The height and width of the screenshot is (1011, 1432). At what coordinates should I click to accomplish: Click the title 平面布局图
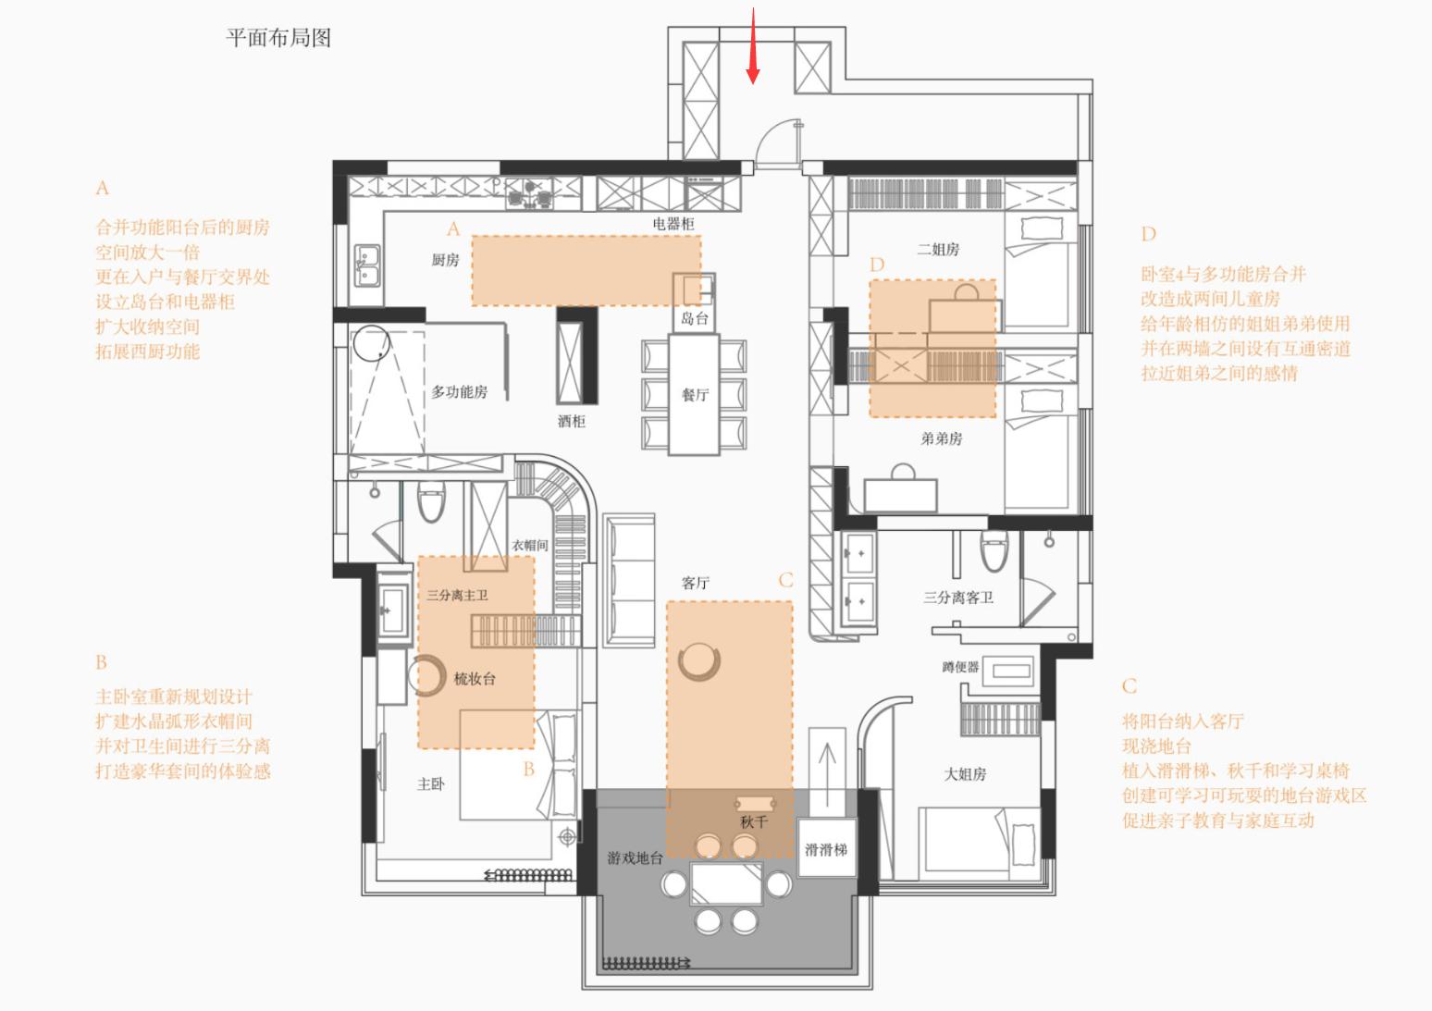point(278,38)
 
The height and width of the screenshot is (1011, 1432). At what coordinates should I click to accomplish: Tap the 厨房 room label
point(445,260)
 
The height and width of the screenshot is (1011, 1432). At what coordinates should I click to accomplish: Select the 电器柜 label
point(673,224)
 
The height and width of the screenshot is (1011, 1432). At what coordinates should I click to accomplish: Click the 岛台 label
point(694,319)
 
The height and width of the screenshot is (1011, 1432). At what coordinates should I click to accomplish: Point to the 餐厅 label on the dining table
point(695,395)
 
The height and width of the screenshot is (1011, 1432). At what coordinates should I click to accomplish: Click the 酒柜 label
point(571,422)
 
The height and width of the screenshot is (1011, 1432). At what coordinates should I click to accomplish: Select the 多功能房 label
point(459,392)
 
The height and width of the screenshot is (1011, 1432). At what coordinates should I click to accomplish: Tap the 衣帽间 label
point(530,546)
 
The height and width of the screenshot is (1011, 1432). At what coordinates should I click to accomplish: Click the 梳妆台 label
point(475,679)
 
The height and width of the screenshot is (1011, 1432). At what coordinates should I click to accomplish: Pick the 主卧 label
point(430,784)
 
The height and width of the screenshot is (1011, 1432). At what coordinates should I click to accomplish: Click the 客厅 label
point(695,583)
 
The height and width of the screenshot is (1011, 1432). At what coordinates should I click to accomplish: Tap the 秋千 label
point(754,822)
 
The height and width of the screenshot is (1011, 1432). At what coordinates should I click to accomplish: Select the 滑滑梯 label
point(825,850)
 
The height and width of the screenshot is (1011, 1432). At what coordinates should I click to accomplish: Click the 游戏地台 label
point(635,858)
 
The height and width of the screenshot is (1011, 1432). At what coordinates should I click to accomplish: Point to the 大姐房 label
point(965,774)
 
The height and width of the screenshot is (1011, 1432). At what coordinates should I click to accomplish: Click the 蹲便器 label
point(960,667)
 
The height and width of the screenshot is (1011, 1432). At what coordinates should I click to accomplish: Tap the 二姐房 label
point(938,250)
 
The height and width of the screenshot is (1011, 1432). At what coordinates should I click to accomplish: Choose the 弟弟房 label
point(941,438)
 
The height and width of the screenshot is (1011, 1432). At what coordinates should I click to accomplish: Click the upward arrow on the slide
point(827,763)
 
